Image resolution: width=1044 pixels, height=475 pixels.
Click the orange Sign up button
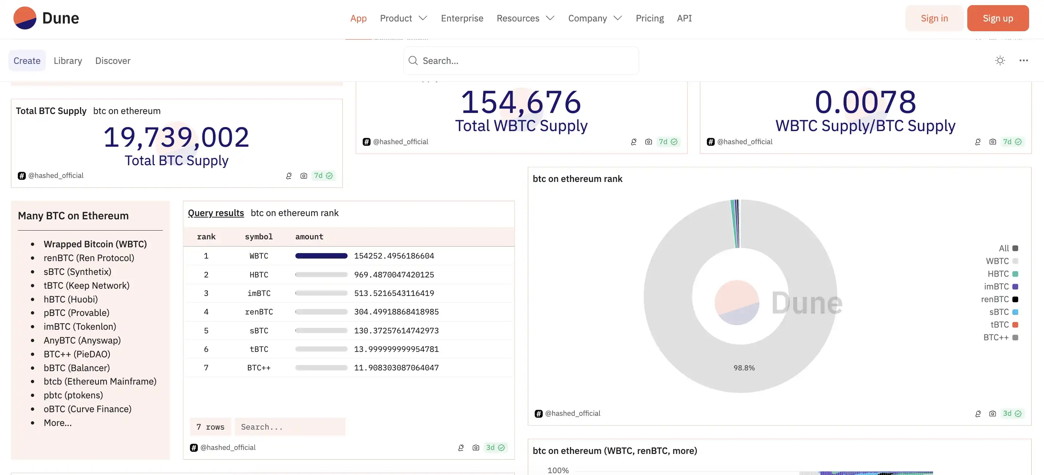tap(997, 18)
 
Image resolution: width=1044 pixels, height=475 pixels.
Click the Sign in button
tap(934, 18)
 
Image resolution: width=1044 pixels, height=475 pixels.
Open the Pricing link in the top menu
tap(649, 18)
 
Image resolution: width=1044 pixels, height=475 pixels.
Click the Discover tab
tap(113, 61)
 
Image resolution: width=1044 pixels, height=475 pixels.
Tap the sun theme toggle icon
tap(1000, 61)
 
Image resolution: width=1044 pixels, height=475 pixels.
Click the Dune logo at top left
tap(46, 18)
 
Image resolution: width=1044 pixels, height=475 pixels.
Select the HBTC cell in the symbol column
tap(258, 275)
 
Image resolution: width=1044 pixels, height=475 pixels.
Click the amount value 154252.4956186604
tap(394, 256)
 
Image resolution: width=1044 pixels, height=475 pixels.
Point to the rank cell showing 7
tap(206, 368)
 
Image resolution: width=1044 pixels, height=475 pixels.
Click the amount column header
tap(309, 236)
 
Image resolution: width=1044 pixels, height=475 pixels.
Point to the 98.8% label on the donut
tap(744, 368)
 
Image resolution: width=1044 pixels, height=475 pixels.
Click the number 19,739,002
tap(176, 137)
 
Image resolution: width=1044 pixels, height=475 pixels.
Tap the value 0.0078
tap(865, 102)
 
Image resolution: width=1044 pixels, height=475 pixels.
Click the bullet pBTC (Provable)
tap(76, 313)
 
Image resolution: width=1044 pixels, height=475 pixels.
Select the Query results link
tap(216, 213)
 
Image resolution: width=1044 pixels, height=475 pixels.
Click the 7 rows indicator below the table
tap(210, 427)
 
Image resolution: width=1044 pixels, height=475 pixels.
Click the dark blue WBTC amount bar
tap(321, 256)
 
